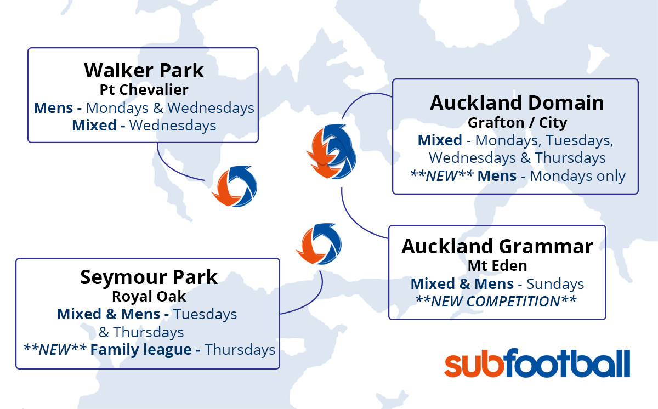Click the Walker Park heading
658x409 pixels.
pyautogui.click(x=144, y=71)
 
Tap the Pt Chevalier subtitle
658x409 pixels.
pyautogui.click(x=144, y=89)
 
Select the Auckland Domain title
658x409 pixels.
pyautogui.click(x=517, y=103)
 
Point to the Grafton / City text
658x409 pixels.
pyautogui.click(x=517, y=122)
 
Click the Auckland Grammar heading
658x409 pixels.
pyautogui.click(x=497, y=246)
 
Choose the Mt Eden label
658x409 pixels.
pyautogui.click(x=497, y=266)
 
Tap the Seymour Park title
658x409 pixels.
pyautogui.click(x=149, y=277)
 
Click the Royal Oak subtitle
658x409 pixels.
pyautogui.click(x=149, y=296)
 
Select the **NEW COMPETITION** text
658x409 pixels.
pyautogui.click(x=496, y=301)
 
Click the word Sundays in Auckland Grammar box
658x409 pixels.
pyautogui.click(x=555, y=284)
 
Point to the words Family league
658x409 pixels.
pyautogui.click(x=141, y=349)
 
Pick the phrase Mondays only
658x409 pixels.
pyautogui.click(x=577, y=176)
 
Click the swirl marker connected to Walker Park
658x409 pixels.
pyautogui.click(x=235, y=186)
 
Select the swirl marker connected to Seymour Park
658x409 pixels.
pyautogui.click(x=319, y=243)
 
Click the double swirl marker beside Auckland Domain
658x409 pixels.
pyautogui.click(x=331, y=151)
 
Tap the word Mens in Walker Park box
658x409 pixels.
pyautogui.click(x=54, y=108)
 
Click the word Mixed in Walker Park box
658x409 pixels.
pyautogui.click(x=94, y=126)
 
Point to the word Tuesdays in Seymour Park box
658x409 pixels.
pyautogui.click(x=205, y=314)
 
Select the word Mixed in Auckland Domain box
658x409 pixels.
pyautogui.click(x=440, y=140)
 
